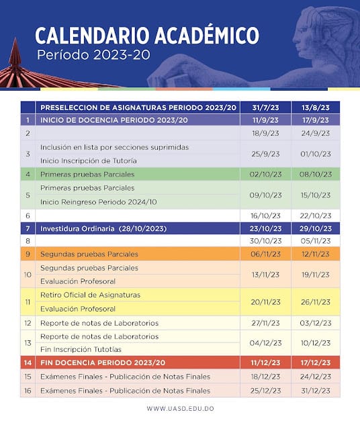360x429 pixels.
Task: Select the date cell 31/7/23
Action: [x=265, y=107]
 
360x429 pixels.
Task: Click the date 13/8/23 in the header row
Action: [x=316, y=107]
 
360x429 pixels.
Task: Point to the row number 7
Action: [x=28, y=228]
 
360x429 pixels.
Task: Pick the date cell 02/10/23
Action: [x=265, y=174]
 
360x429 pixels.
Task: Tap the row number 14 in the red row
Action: [x=28, y=363]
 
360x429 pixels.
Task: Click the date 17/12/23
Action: [x=316, y=363]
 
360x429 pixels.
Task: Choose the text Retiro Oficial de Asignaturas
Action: [x=91, y=295]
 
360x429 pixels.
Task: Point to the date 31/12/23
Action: [x=316, y=390]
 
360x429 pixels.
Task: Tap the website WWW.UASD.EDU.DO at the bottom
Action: [x=180, y=408]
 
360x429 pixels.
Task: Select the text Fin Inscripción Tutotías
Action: [x=81, y=349]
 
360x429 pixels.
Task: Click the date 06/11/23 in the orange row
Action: [x=265, y=254]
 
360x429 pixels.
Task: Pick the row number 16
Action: [x=28, y=390]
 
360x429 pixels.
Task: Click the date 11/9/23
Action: [x=265, y=120]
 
